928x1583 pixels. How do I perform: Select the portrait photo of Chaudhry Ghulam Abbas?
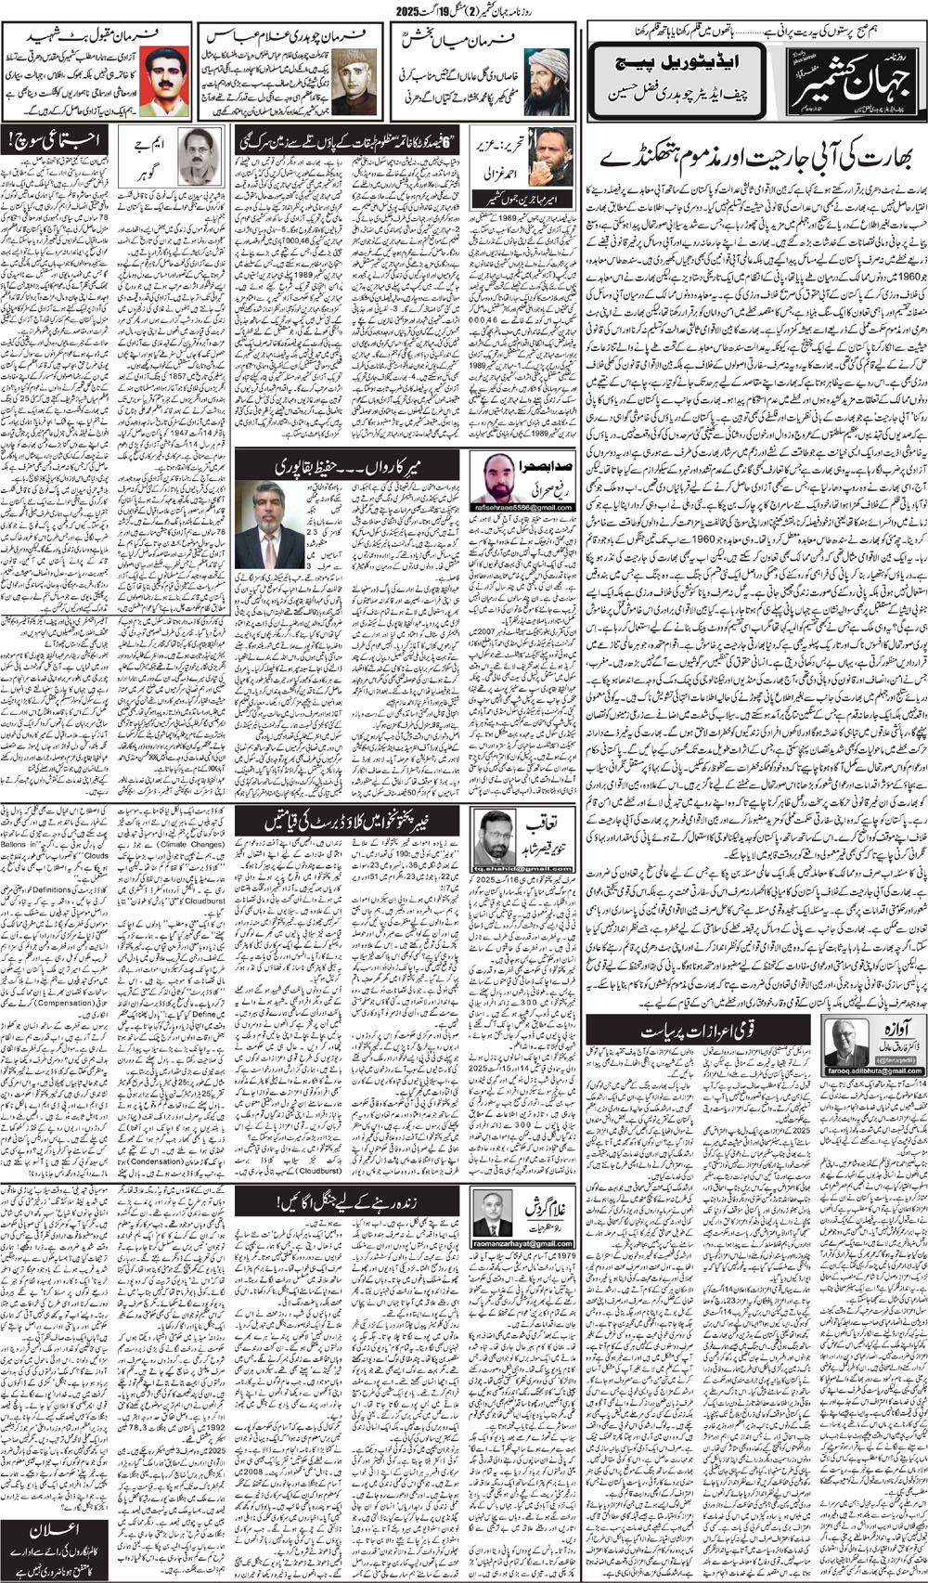click(349, 81)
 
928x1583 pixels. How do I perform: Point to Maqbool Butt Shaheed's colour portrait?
click(164, 81)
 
